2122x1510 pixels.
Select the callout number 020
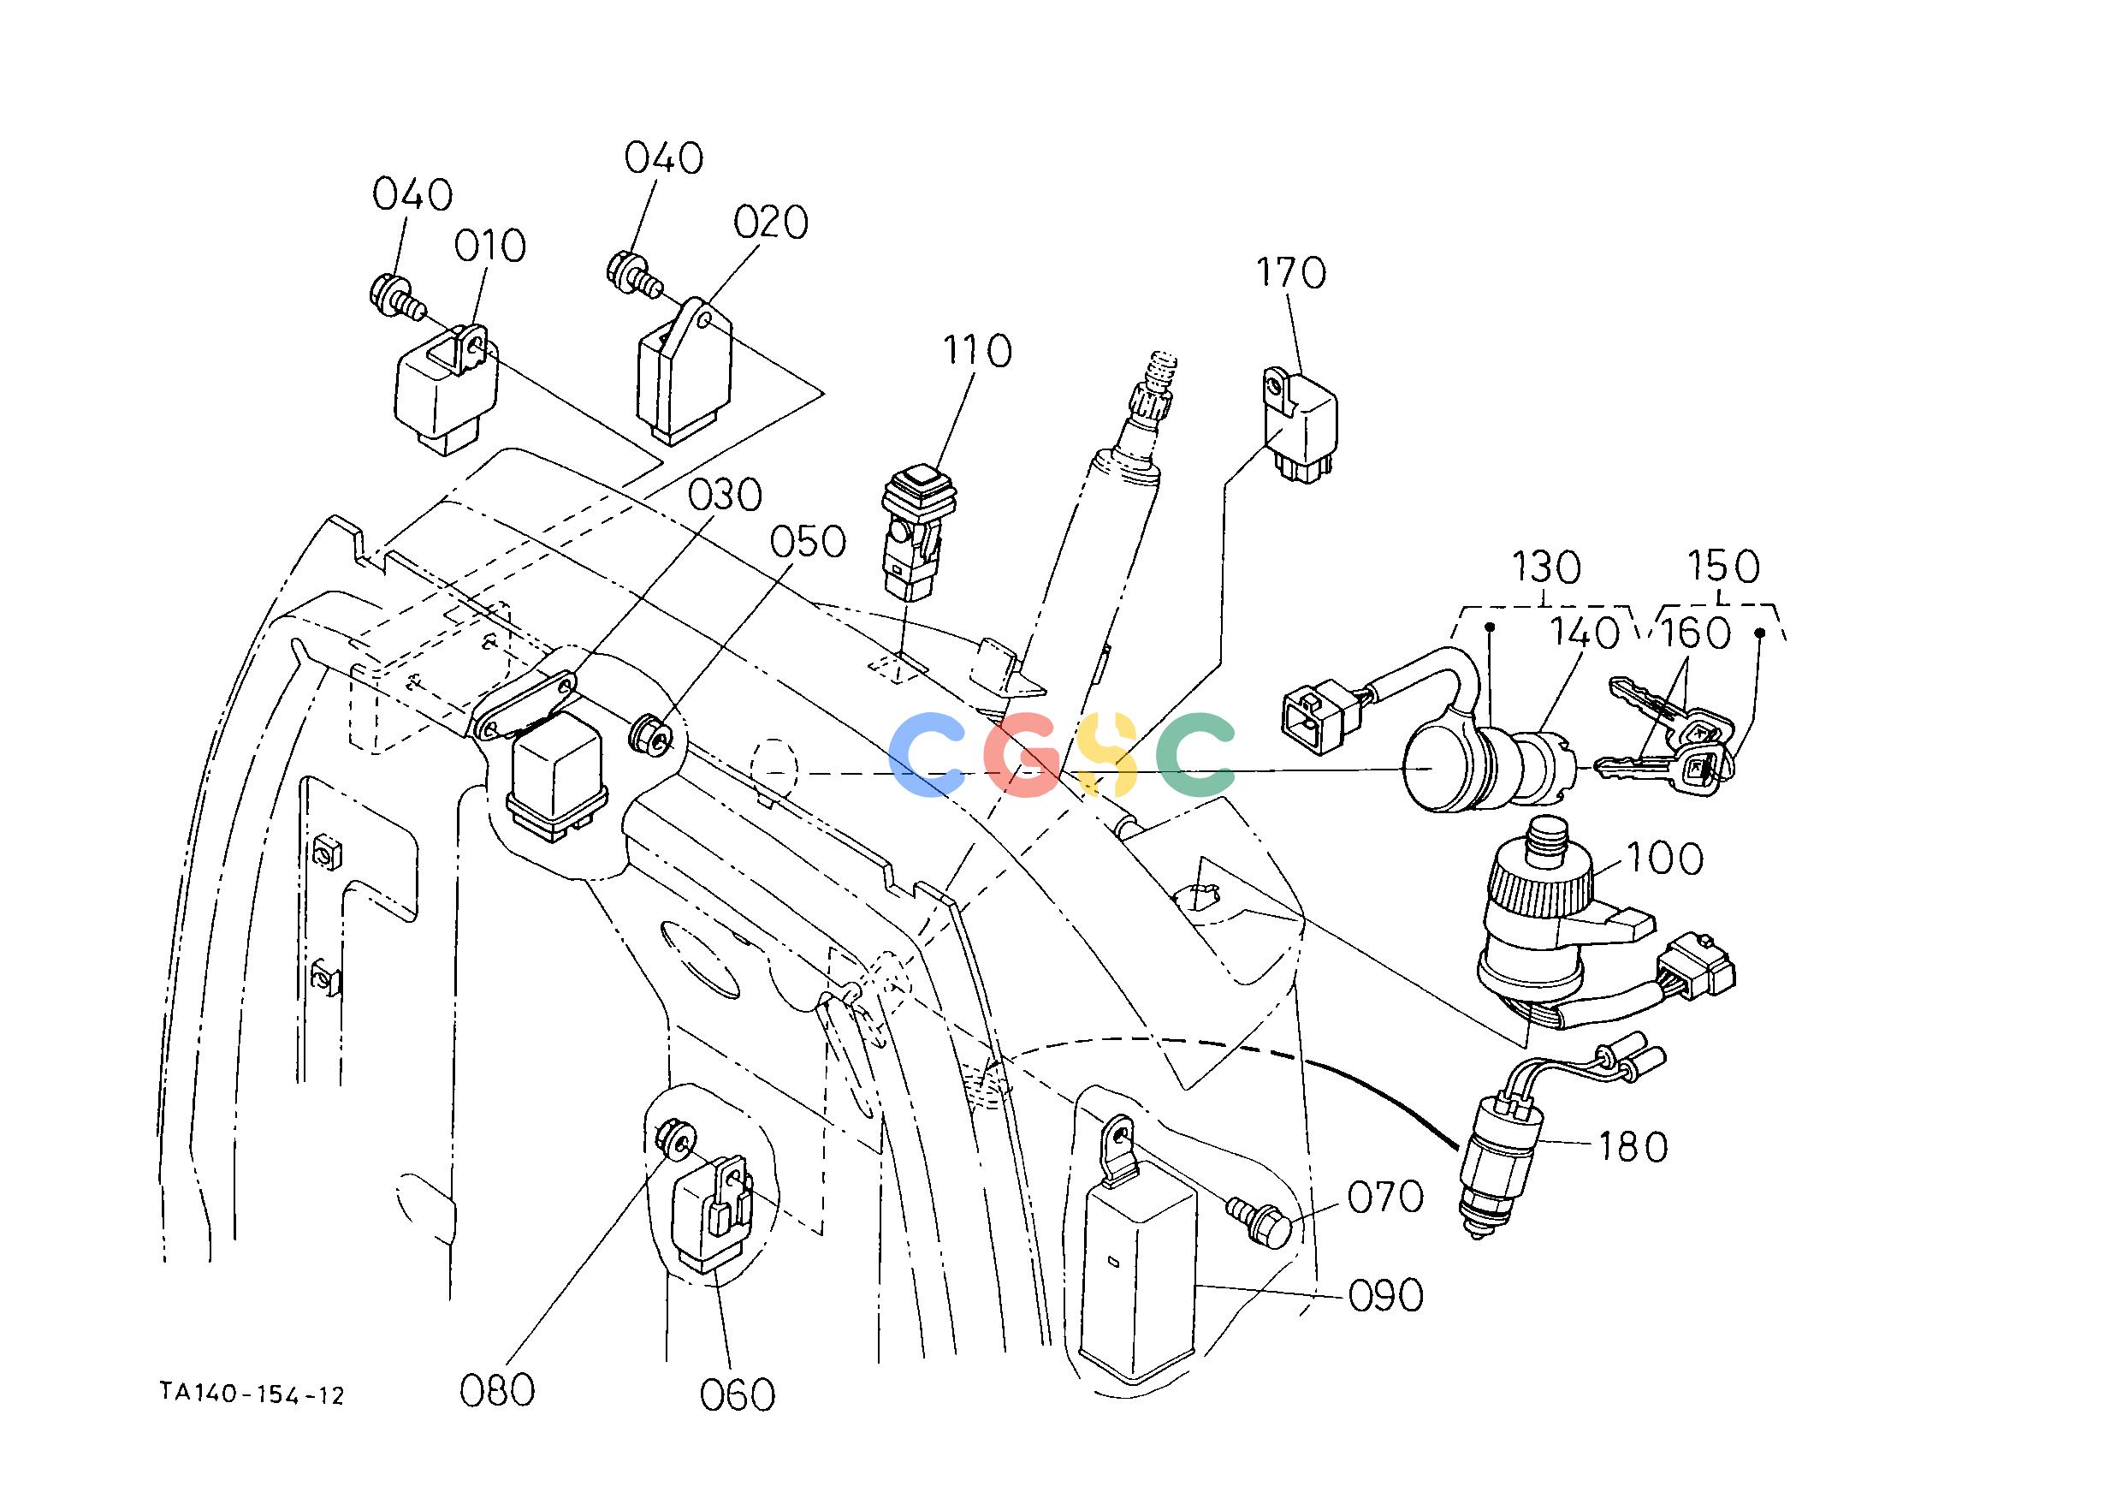click(x=771, y=223)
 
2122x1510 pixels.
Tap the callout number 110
click(x=977, y=352)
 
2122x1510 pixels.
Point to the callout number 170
click(x=1291, y=273)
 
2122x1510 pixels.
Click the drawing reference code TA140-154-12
click(x=252, y=1394)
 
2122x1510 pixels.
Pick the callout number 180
click(x=1633, y=1147)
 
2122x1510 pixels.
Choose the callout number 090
click(x=1386, y=1295)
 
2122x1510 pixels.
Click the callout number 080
click(x=497, y=1390)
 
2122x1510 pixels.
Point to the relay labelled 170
click(x=1300, y=425)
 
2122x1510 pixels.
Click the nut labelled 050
click(x=648, y=734)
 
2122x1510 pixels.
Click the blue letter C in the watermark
click(x=929, y=756)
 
